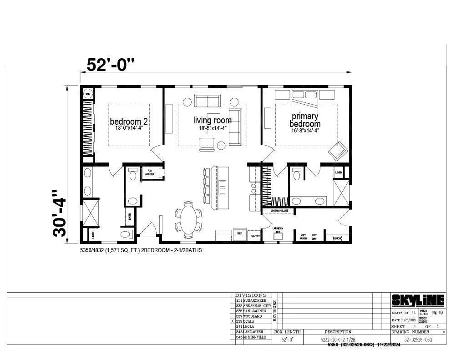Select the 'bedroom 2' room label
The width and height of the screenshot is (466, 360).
coord(129,122)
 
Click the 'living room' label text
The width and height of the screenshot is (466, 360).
coord(212,120)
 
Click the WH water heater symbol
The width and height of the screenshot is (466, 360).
coord(88,94)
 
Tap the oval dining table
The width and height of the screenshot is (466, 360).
coord(188,220)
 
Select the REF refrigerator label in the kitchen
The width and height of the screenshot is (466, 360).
coord(240,233)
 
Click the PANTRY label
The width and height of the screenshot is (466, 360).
coord(254,236)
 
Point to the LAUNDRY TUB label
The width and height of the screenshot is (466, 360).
coord(278,230)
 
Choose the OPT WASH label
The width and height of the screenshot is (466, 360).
coord(303,237)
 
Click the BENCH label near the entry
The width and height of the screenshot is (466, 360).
coord(337,238)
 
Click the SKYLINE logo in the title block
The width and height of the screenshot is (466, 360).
coord(418,300)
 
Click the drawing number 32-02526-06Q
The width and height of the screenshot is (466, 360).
coord(418,340)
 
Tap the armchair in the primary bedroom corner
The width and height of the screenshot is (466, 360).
coord(337,151)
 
